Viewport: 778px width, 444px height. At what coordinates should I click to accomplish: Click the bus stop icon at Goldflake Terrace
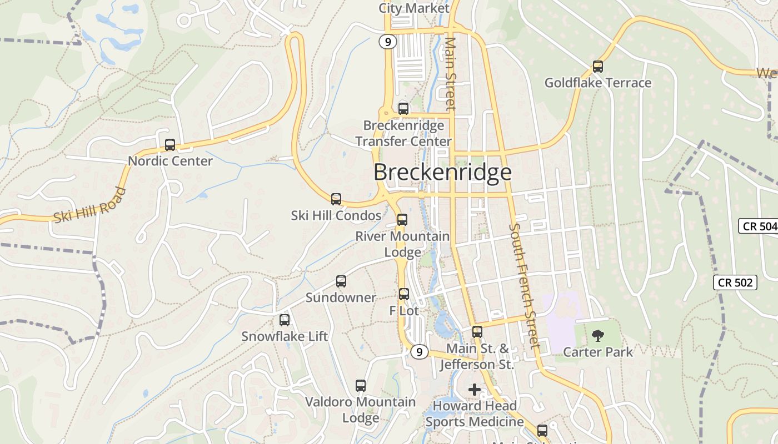coord(598,67)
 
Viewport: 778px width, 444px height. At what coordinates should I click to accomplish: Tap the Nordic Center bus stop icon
coord(170,145)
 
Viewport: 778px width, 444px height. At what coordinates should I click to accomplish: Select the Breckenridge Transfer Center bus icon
coord(403,109)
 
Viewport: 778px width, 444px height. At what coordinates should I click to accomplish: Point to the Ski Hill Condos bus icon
coord(336,199)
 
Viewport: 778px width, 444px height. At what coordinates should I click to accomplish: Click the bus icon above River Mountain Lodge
coord(402,220)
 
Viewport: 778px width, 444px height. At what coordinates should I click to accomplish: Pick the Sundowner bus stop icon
coord(341,281)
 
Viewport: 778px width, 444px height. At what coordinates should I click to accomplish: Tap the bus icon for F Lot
coord(404,294)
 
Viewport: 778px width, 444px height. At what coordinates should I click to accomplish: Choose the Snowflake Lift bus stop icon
coord(285,320)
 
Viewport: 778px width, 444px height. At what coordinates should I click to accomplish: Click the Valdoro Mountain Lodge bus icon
coord(361,386)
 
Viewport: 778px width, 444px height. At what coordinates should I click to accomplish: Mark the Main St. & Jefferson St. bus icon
coord(477,332)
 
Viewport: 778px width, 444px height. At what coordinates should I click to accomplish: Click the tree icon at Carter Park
coord(598,335)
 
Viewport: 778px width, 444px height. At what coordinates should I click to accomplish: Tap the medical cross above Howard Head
coord(475,390)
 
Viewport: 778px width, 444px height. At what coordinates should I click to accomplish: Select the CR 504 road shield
coord(759,226)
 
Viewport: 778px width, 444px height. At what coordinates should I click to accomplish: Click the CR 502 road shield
coord(735,282)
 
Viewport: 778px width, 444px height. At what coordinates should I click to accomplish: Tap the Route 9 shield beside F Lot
coord(420,351)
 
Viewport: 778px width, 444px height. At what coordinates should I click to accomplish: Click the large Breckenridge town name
coord(442,172)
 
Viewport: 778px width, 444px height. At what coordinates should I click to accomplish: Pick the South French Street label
coord(525,285)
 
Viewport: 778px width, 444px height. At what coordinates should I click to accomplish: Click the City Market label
coord(414,8)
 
